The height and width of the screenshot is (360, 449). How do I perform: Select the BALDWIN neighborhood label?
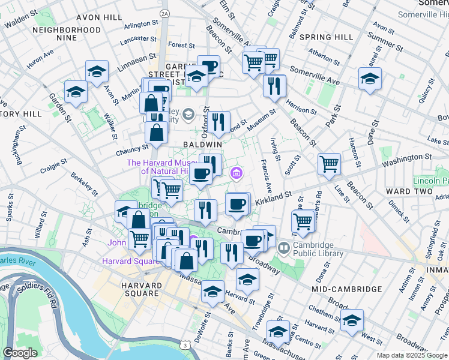pos(203,145)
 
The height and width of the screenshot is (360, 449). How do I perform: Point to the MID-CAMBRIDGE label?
pos(347,289)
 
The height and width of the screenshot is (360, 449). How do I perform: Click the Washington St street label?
pos(409,160)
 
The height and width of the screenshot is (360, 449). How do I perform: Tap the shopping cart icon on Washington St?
pos(329,164)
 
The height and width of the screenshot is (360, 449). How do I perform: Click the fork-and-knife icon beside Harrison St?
pos(274,86)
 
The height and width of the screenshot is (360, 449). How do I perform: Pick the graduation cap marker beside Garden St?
pos(76,92)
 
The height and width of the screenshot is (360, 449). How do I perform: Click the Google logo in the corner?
pos(20,353)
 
